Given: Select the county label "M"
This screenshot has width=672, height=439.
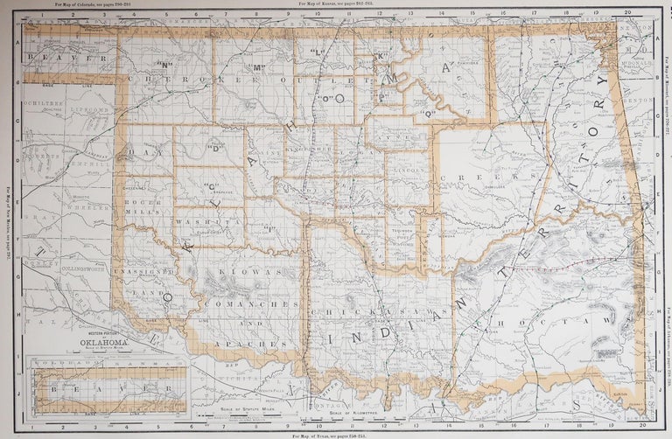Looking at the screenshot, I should point(259,67).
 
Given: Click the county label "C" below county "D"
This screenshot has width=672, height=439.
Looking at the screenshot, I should point(211,185).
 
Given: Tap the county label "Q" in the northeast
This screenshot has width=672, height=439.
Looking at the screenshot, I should point(429,114).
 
